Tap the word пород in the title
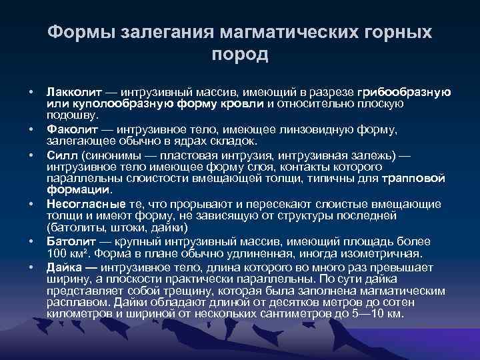pyautogui.click(x=240, y=55)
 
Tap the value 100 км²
pyautogui.click(x=69, y=254)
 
